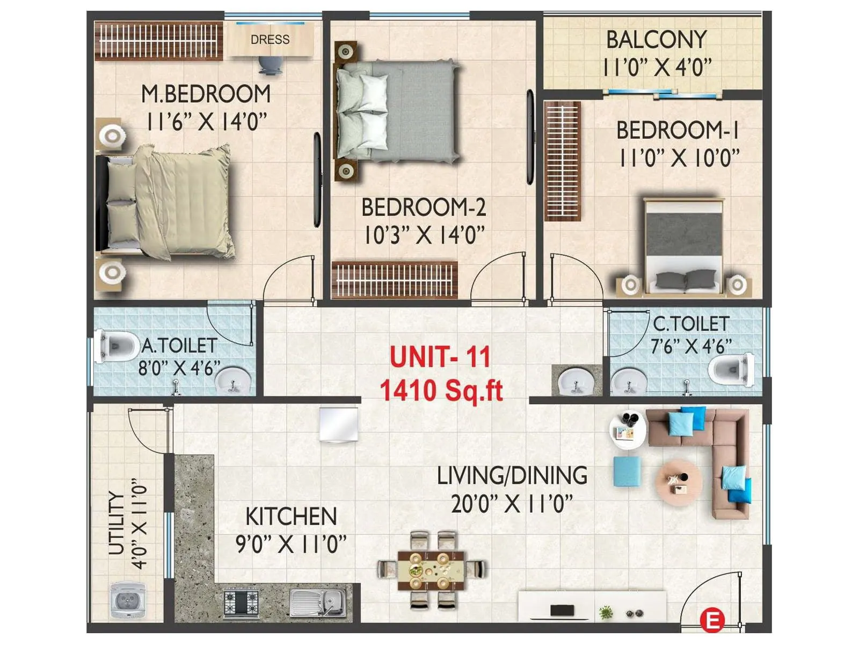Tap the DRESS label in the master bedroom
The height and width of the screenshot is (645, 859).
270,40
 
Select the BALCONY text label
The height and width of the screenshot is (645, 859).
656,40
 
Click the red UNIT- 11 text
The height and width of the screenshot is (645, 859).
440,357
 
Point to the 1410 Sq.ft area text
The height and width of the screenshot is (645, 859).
441,391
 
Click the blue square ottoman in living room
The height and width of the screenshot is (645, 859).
627,471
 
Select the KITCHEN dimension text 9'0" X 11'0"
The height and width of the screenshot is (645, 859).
291,544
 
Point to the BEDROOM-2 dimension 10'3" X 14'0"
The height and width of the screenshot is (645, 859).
424,235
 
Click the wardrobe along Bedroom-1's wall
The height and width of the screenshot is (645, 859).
562,161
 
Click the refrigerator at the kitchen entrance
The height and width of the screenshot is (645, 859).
339,424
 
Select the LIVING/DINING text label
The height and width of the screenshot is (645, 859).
512,476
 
